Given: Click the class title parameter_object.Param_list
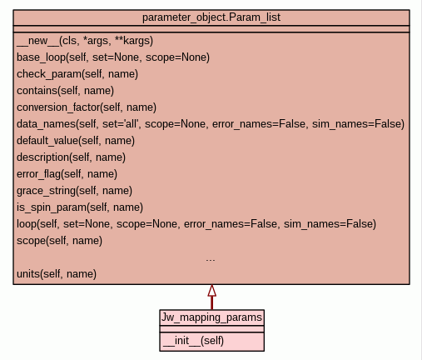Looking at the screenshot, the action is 211,17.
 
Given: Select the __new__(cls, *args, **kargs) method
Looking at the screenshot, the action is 85,41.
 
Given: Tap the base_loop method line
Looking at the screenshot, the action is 113,57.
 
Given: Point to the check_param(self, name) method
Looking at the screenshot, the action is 77,74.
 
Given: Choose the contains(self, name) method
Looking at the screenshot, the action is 65,91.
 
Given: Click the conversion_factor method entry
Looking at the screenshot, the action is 87,107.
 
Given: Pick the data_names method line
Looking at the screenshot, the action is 211,124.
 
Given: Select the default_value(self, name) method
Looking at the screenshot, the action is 76,141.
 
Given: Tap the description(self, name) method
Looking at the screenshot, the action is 71,157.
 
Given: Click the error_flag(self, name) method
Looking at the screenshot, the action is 67,174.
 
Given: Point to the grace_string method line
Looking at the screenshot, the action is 74,191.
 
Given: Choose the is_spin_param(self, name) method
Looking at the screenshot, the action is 80,207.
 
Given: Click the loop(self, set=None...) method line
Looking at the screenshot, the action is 196,224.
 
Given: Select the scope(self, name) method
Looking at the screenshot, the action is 59,241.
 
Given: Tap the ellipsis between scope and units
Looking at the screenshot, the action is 211,260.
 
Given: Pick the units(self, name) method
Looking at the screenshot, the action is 57,274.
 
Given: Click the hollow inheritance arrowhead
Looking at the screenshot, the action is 212,291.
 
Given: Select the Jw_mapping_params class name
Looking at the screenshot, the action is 211,317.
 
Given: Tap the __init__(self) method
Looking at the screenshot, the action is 193,341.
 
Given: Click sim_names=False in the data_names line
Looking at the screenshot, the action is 358,124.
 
